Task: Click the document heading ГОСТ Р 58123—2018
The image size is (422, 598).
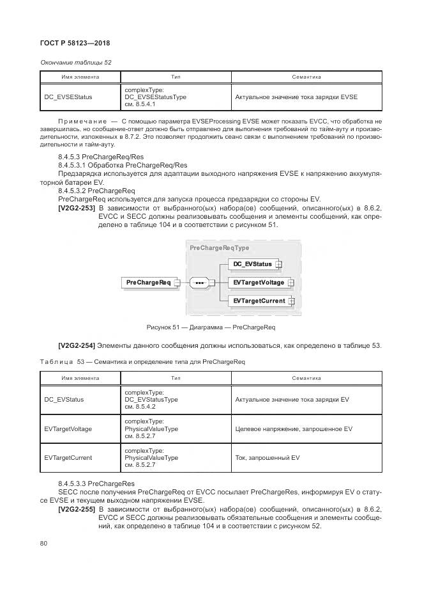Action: click(x=75, y=43)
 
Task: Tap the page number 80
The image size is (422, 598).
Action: click(x=44, y=544)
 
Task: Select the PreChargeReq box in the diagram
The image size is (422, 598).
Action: click(x=148, y=282)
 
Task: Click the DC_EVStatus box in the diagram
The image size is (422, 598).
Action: click(x=252, y=264)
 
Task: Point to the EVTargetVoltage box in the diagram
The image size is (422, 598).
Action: click(x=258, y=282)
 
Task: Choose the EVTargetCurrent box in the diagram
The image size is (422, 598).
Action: click(x=259, y=301)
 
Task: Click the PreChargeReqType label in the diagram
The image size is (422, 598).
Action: click(x=219, y=248)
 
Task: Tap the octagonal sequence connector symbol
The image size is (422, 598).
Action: click(x=200, y=282)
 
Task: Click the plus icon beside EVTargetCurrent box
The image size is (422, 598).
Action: click(x=291, y=301)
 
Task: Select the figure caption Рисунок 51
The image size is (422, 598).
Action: click(x=210, y=327)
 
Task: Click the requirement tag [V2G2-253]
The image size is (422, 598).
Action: click(x=77, y=208)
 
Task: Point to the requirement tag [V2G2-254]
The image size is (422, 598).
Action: click(x=77, y=346)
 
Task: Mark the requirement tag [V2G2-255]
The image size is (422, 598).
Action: click(x=77, y=509)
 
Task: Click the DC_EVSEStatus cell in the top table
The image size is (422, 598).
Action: click(x=68, y=97)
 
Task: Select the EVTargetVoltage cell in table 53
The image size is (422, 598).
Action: click(x=68, y=429)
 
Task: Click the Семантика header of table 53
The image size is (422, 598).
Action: click(x=306, y=379)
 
